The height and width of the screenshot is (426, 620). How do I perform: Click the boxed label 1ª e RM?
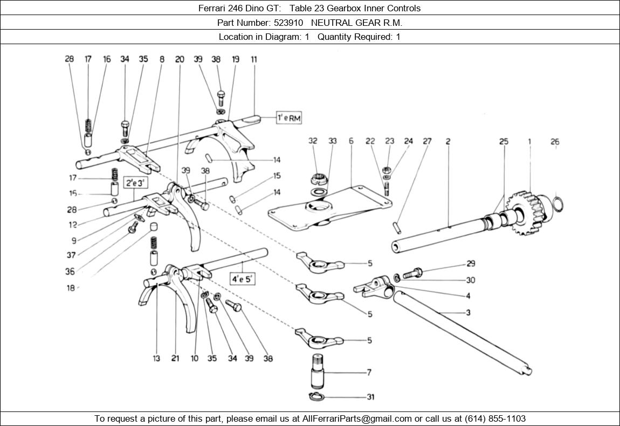(x=289, y=118)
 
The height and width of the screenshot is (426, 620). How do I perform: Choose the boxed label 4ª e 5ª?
(x=243, y=278)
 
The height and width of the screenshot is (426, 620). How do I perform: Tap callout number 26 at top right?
(x=555, y=142)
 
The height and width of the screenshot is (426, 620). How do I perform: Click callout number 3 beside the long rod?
(x=468, y=313)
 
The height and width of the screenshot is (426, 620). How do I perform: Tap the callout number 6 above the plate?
(x=351, y=141)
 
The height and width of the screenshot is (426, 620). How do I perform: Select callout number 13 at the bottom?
(x=156, y=358)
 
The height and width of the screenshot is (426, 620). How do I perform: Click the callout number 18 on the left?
(x=71, y=288)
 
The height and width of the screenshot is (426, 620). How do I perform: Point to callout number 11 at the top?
(x=253, y=59)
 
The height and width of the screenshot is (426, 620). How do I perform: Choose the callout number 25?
(x=504, y=142)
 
